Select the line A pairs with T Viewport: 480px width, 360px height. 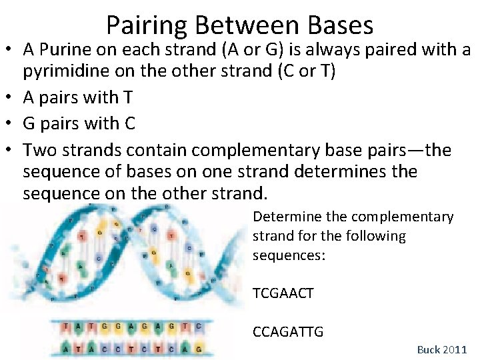tap(78, 98)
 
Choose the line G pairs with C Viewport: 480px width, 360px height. tap(79, 123)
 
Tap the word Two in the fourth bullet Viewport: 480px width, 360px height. tap(39, 149)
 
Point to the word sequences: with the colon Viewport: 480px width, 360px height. tap(289, 255)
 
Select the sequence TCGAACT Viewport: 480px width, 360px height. tap(283, 293)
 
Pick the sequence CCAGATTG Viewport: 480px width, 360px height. tap(288, 331)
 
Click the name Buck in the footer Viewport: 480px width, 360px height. tap(429, 349)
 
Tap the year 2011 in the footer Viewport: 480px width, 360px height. tap(455, 349)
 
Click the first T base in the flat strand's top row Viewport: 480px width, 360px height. tap(65, 327)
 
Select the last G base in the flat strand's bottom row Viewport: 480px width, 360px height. tap(199, 348)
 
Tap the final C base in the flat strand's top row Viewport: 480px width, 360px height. tap(199, 327)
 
